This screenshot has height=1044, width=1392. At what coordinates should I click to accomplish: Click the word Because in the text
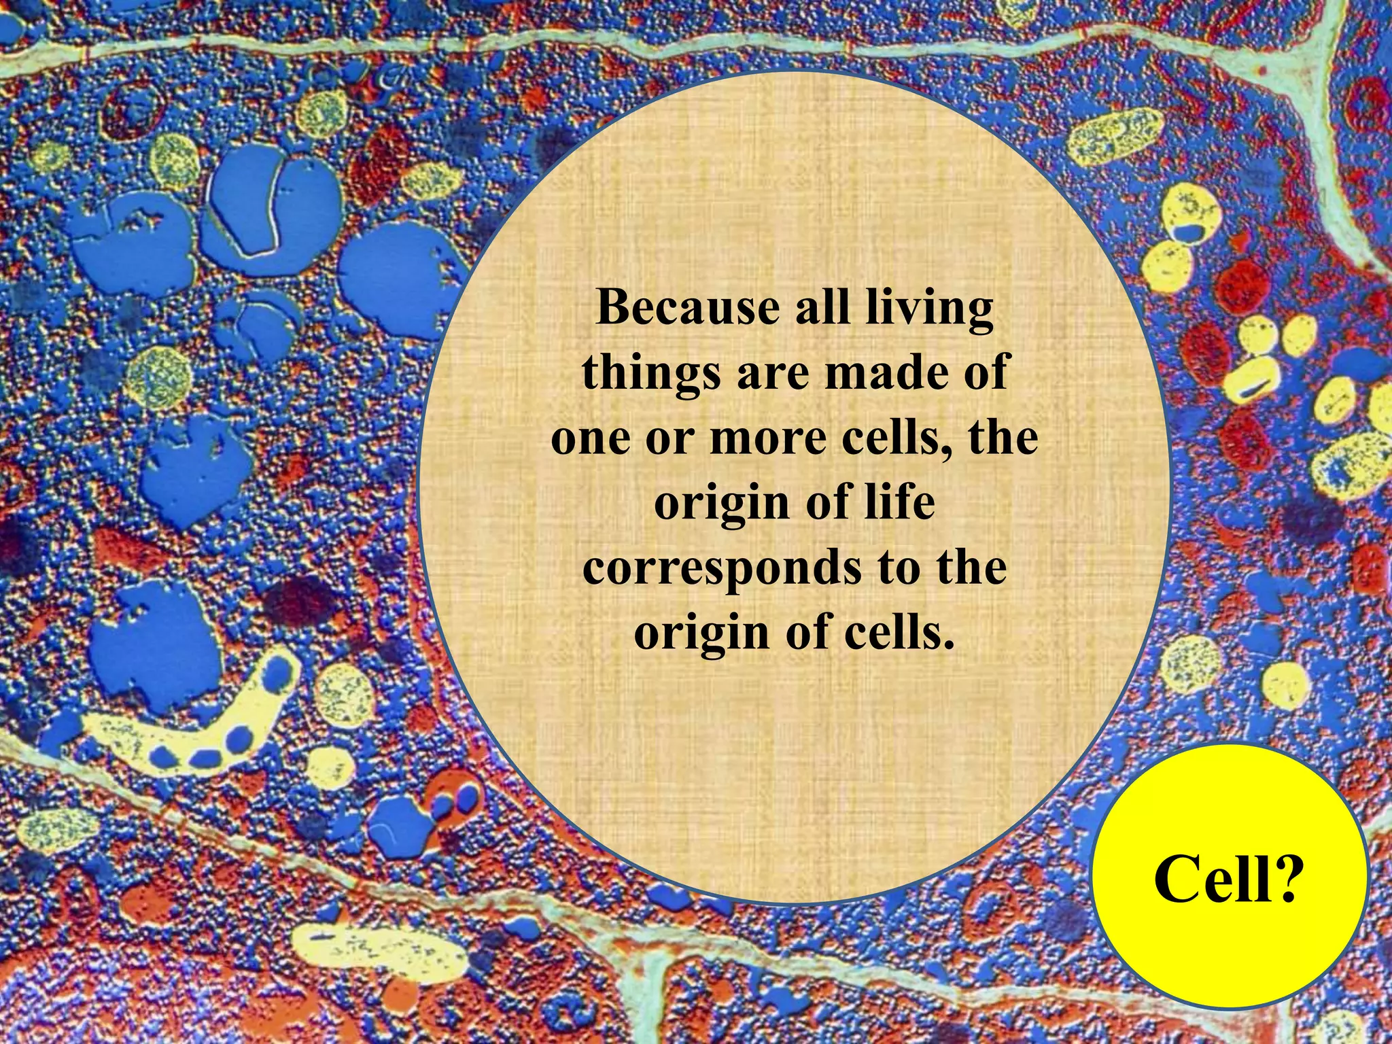click(x=687, y=308)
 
